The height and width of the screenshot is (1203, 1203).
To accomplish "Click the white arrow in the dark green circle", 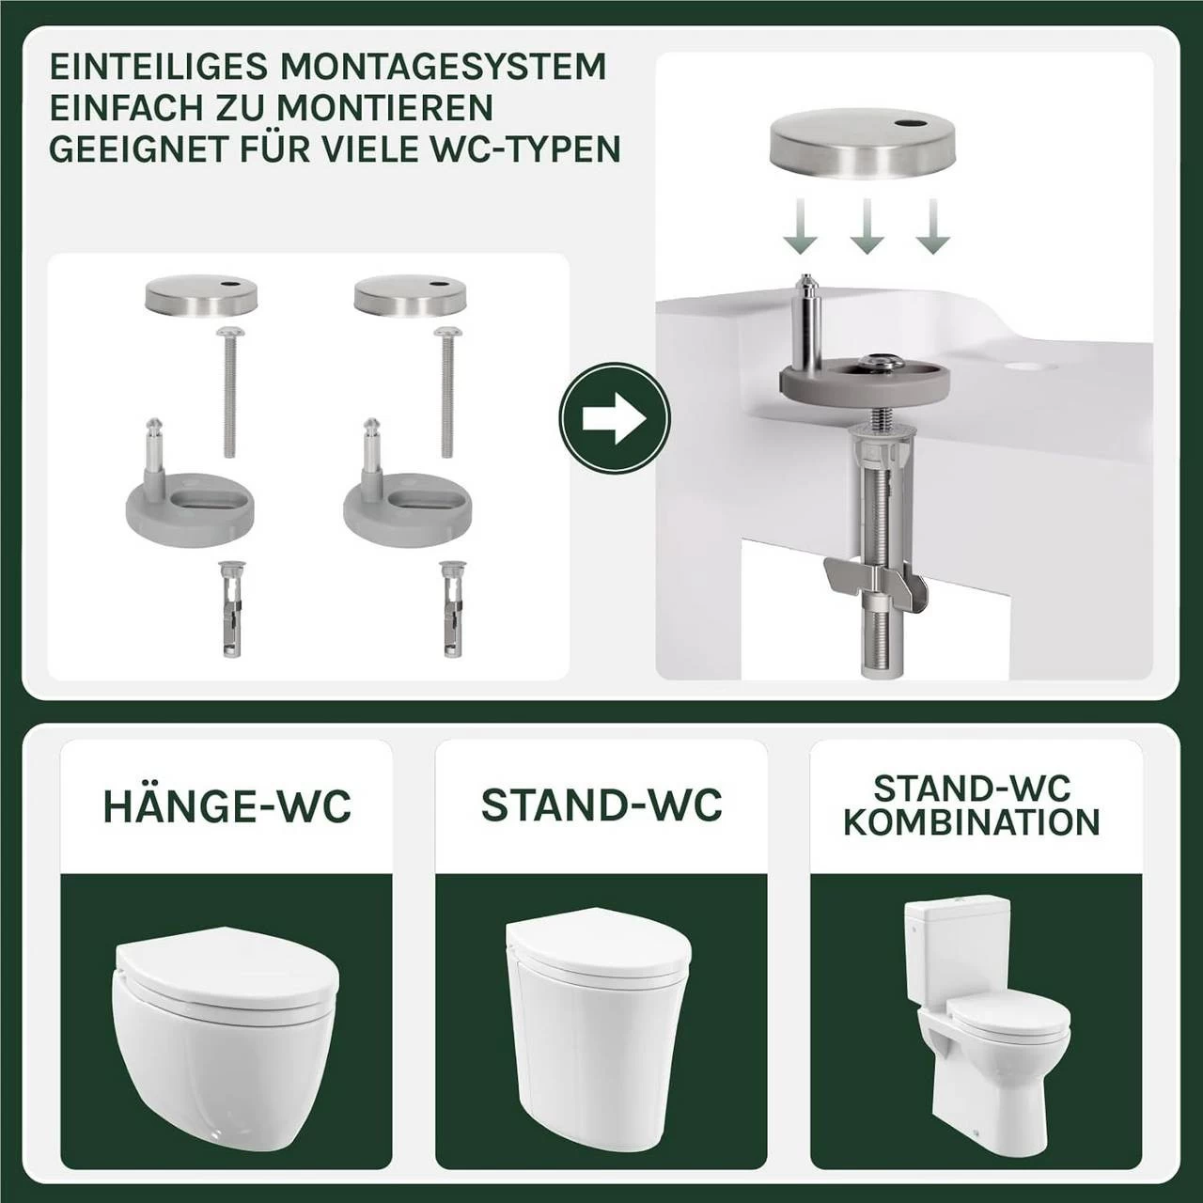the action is coord(615,418).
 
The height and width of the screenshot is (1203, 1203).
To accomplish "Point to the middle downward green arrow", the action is coord(866,226).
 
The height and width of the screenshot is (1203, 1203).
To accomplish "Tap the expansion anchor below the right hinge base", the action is coord(450,609).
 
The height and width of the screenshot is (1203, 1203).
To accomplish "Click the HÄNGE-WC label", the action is coord(227,806).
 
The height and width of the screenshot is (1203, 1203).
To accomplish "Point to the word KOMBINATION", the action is coord(972,821).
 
